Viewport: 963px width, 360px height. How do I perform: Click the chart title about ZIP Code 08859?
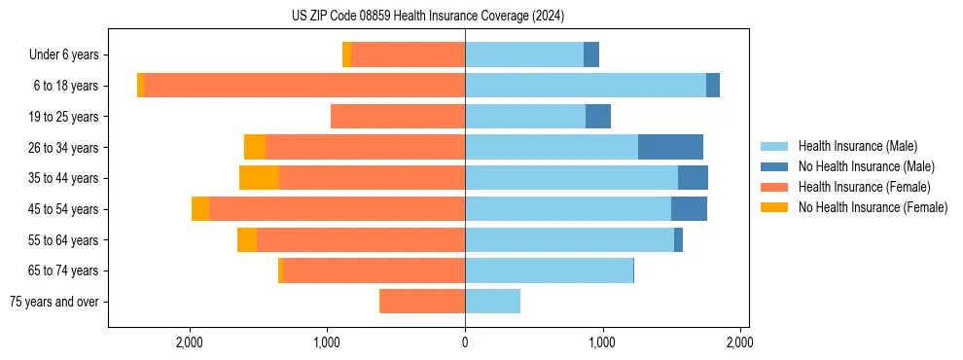[428, 17]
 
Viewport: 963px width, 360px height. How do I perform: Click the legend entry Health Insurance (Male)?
[857, 146]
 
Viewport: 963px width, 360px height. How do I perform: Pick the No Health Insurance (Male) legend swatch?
[774, 166]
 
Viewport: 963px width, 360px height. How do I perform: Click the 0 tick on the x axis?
[465, 342]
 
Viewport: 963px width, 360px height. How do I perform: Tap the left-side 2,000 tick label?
[190, 342]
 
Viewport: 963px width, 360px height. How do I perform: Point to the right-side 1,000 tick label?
[602, 342]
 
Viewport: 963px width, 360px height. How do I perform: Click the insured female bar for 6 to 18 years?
[303, 86]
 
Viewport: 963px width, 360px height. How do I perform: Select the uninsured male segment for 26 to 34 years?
[670, 147]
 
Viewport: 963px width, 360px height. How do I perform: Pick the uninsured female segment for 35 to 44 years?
[259, 178]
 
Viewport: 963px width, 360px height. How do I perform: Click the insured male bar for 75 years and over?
[492, 302]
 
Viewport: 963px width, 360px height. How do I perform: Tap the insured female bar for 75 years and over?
[422, 302]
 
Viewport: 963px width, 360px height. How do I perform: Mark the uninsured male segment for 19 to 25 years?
[598, 117]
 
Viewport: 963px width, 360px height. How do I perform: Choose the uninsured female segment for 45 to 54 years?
[200, 209]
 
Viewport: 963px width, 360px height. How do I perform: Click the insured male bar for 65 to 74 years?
[549, 270]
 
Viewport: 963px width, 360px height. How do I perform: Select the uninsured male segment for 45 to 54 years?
[689, 209]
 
